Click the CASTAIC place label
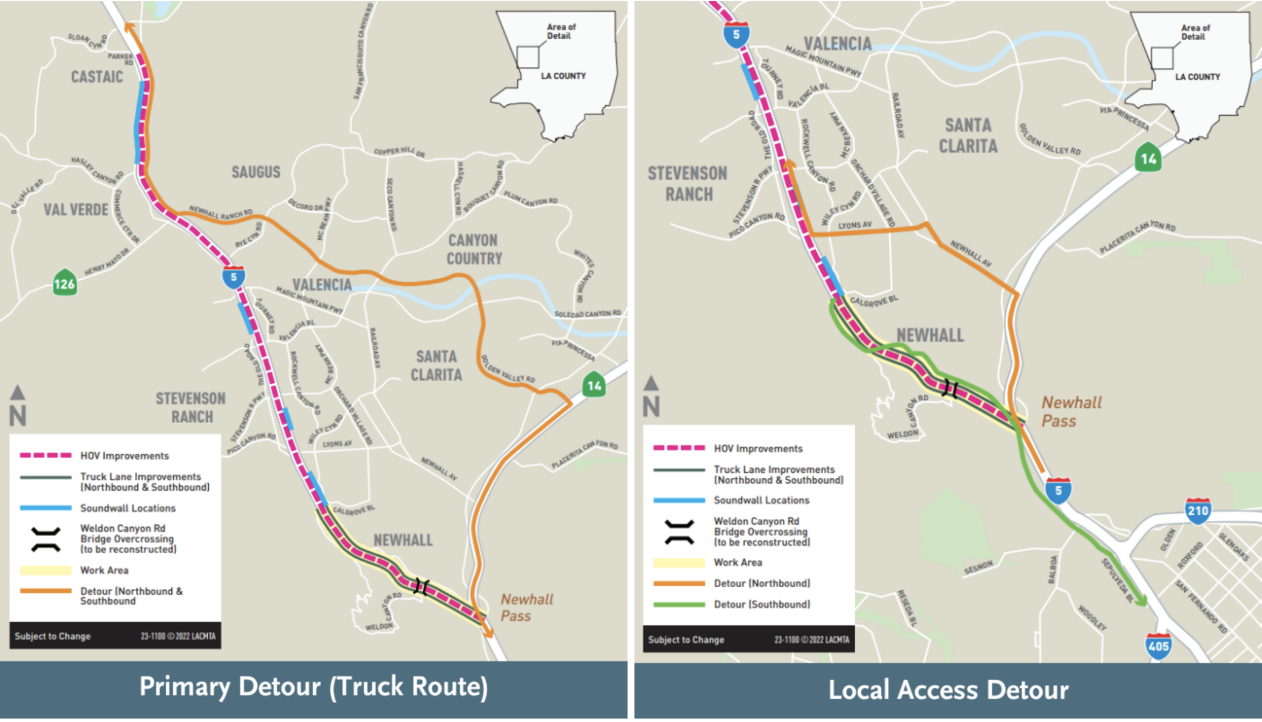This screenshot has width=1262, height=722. pos(97,77)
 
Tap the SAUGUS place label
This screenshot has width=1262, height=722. pos(256,172)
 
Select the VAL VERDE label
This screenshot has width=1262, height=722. pos(76,210)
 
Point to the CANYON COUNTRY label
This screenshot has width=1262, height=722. pos(474,249)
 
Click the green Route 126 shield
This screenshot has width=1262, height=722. pos(65,283)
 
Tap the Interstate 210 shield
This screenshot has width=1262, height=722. pos(1197,511)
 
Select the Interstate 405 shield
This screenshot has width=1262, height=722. pos(1158,646)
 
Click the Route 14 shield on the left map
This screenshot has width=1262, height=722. pos(593,385)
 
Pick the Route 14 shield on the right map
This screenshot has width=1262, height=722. pos(1148,158)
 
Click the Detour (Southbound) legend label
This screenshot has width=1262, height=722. pos(762,604)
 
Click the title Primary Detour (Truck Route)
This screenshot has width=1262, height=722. pos(313,687)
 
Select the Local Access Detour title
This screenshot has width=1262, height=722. pos(948,689)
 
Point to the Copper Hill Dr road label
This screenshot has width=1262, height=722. pos(399,152)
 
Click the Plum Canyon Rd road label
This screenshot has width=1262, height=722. pos(531,199)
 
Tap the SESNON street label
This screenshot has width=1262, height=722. pos(978,568)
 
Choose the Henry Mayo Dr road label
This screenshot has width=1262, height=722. pos(107,262)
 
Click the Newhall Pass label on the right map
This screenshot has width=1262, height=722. pos(1071,412)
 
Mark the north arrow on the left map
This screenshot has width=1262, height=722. pos(18,407)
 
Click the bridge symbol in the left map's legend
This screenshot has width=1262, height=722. pos(46,539)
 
